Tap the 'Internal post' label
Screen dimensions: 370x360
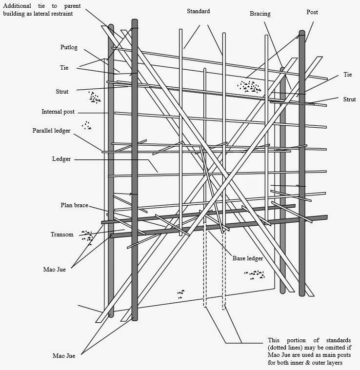tap(58, 112)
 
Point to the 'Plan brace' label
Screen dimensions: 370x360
tap(74, 205)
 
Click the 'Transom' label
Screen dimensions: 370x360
tap(62, 234)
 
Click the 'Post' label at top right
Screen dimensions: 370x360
tap(312, 12)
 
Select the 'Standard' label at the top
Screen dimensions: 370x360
tap(198, 11)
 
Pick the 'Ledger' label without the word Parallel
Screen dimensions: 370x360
tap(61, 159)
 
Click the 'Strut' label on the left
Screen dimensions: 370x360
tap(62, 91)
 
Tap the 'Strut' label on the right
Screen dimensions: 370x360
tap(349, 99)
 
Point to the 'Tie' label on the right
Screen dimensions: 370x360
tap(347, 75)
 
